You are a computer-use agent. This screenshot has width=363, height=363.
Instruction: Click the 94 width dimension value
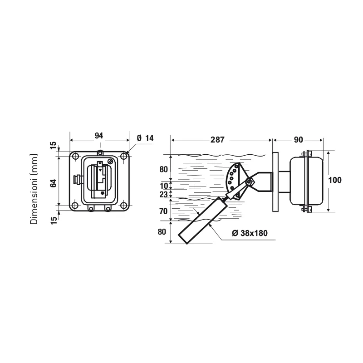coord(99,136)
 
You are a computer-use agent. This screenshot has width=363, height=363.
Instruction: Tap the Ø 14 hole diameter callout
coord(145,138)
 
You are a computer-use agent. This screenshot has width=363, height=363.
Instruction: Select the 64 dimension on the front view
coord(54,183)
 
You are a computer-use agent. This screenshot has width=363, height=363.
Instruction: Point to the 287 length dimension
coord(217,140)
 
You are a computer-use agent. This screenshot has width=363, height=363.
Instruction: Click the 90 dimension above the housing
coord(299,140)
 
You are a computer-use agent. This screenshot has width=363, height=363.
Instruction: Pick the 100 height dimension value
coord(335,180)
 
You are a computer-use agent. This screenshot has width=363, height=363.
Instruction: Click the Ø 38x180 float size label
coord(250,233)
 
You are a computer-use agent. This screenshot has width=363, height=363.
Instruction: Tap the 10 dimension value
coord(164,186)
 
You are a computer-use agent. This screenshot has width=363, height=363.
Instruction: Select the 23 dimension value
coord(163,195)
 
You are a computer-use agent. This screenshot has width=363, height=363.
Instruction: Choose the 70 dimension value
coord(163,211)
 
